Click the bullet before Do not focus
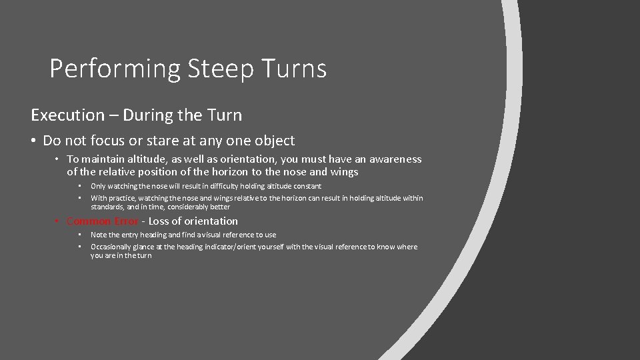pyautogui.click(x=34, y=141)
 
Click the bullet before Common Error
pyautogui.click(x=59, y=221)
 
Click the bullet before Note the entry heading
pyautogui.click(x=79, y=235)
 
